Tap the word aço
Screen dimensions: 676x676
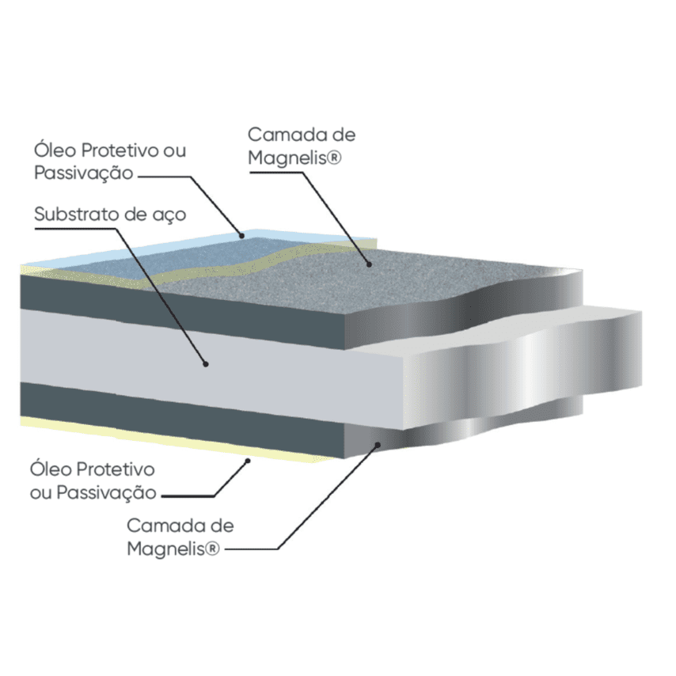pyautogui.click(x=166, y=215)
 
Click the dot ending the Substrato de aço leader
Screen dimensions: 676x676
pyautogui.click(x=205, y=364)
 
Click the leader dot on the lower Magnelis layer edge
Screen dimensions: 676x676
pyautogui.click(x=379, y=446)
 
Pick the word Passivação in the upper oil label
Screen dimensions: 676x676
pyautogui.click(x=84, y=172)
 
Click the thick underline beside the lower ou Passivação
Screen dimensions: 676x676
pyautogui.click(x=188, y=496)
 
